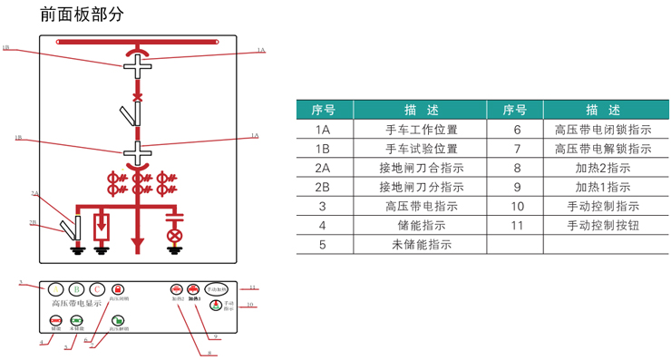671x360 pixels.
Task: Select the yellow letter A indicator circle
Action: pos(56,289)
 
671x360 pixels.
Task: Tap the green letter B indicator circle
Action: pos(77,289)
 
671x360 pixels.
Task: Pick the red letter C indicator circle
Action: pos(98,289)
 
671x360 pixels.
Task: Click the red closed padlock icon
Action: pos(118,289)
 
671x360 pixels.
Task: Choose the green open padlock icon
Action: pos(118,320)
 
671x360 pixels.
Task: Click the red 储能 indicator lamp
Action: pos(56,320)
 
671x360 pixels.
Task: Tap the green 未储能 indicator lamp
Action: pos(77,320)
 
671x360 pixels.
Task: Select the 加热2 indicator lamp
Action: pos(177,289)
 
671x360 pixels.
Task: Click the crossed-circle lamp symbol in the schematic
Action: pos(175,235)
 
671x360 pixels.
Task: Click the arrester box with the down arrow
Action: pos(102,222)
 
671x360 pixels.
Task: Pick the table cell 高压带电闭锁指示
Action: pos(602,129)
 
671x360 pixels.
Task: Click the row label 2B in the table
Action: pos(323,187)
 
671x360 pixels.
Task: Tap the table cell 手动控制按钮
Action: pos(602,225)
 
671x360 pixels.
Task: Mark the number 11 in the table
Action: pos(517,225)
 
